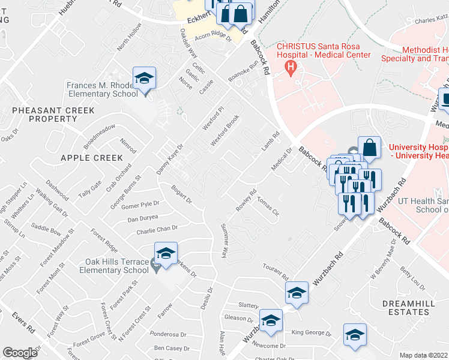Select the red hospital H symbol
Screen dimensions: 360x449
[x=292, y=66]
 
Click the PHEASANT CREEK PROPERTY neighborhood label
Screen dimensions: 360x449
[x=53, y=115]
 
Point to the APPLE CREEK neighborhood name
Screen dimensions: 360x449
[x=92, y=158]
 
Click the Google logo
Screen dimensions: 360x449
[x=20, y=353]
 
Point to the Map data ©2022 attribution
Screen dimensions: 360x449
[x=423, y=355]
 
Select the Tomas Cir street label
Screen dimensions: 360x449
[x=268, y=208]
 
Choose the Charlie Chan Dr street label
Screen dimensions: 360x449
[x=157, y=229]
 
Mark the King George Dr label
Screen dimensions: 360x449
[x=311, y=332]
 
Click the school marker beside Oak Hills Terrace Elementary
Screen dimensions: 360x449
[x=166, y=254]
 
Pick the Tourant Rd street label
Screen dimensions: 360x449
[x=276, y=271]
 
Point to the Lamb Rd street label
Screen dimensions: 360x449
[x=270, y=142]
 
